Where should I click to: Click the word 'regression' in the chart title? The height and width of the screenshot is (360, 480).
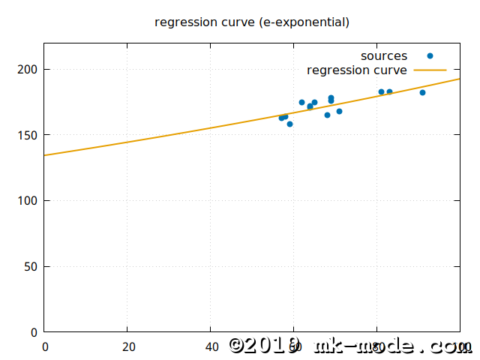181,22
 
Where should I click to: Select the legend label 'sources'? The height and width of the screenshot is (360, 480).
384,56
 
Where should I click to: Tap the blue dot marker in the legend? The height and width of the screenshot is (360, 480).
430,56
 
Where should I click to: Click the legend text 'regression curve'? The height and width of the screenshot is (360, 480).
357,70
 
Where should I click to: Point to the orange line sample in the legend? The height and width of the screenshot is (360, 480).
430,70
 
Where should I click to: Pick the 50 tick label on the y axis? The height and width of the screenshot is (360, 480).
32,266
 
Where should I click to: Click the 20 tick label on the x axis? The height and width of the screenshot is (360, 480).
127,346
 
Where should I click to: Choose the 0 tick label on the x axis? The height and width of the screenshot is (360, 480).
44,346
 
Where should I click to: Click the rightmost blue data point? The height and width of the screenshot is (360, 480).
422,92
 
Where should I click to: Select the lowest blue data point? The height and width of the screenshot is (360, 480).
289,124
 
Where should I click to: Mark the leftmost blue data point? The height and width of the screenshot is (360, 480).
281,118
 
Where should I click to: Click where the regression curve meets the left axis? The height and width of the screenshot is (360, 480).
45,155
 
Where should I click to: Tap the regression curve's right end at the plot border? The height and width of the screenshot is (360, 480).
459,79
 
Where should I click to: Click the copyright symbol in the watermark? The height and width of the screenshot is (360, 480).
236,345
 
